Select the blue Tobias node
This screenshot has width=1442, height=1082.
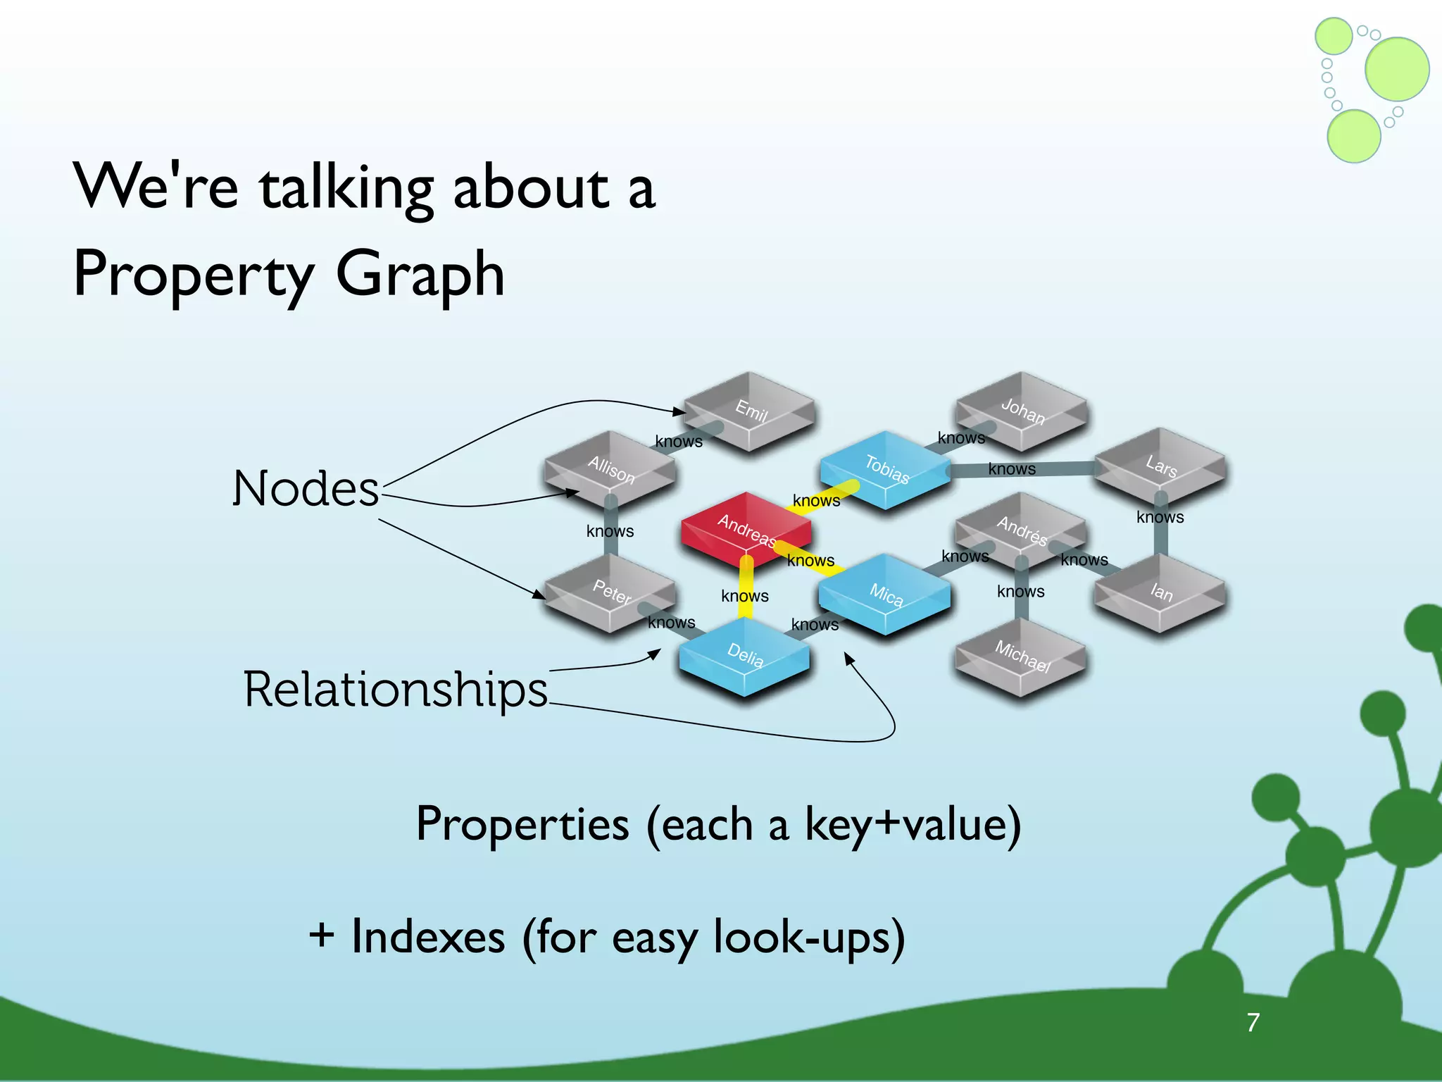click(x=886, y=469)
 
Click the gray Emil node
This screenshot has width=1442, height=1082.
click(x=750, y=411)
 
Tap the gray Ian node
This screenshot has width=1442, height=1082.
click(x=1160, y=592)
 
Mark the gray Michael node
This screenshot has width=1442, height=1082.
click(x=1022, y=656)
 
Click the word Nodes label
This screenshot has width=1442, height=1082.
click(x=306, y=488)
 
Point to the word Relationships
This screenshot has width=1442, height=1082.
click(x=395, y=689)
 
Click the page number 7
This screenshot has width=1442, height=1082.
click(x=1253, y=1022)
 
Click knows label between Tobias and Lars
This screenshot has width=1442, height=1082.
click(x=1012, y=469)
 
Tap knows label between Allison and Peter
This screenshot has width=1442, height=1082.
click(x=610, y=531)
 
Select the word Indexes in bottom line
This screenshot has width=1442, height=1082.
click(x=428, y=937)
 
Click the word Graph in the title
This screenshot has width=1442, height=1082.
click(x=420, y=274)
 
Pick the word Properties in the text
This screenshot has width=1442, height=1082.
click(x=522, y=823)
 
